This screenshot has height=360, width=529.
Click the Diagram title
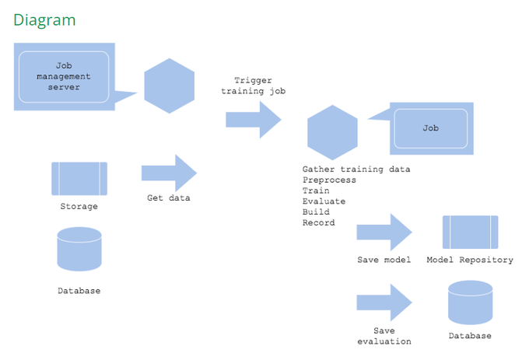click(44, 19)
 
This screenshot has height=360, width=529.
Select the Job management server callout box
click(64, 76)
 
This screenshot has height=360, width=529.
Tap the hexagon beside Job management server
click(170, 86)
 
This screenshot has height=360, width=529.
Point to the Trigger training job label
click(254, 86)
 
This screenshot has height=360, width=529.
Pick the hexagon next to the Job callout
click(332, 132)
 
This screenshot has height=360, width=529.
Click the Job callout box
click(431, 128)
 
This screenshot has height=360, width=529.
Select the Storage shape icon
click(79, 179)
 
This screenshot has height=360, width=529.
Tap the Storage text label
click(79, 207)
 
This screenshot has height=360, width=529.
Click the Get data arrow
click(170, 173)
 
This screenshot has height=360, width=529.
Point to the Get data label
click(169, 198)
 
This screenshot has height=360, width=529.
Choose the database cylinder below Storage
click(79, 250)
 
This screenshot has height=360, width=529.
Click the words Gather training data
click(356, 169)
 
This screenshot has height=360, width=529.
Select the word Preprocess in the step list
click(329, 180)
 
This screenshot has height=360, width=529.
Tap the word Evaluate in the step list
click(324, 201)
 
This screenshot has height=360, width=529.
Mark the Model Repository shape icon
click(470, 232)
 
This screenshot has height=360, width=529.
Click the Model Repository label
click(470, 260)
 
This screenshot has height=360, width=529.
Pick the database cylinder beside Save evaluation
click(470, 302)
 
